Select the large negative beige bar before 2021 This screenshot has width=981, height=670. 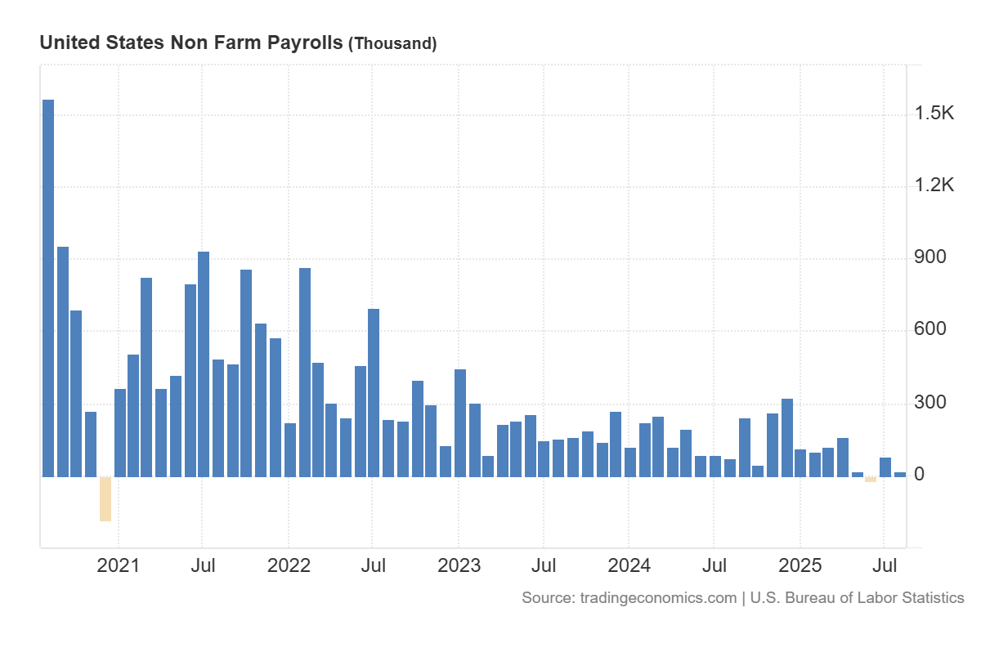coord(105,498)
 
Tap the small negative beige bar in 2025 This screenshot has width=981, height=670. coord(871,479)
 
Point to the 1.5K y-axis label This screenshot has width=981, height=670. coord(934,114)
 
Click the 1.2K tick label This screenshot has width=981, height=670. coord(934,185)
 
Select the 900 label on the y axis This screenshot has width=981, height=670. coord(929,257)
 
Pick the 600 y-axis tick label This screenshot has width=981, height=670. coord(929,329)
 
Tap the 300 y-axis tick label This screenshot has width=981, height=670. coord(929,402)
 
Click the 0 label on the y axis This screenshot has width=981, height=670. coord(920,474)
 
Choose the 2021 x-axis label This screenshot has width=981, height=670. coord(119,565)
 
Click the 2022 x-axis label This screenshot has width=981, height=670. coord(289,565)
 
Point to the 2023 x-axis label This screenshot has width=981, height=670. coord(459,565)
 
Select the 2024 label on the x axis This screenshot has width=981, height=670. coord(629,565)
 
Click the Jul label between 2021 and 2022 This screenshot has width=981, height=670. coord(203,565)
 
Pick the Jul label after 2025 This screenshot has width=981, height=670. coord(884,565)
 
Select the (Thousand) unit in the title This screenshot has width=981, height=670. coord(392,43)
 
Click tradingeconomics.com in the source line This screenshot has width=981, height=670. coord(658,598)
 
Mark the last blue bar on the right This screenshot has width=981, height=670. coord(900,474)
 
